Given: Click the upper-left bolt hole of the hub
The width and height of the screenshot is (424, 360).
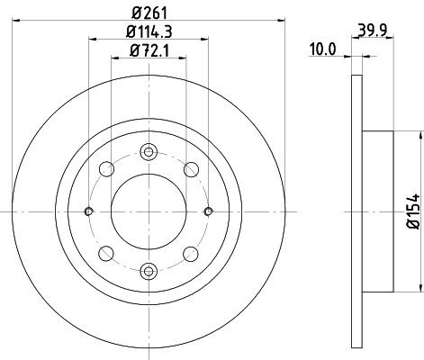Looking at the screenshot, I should tap(107, 169).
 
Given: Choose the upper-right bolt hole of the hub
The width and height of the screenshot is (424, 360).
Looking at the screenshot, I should tap(190, 169).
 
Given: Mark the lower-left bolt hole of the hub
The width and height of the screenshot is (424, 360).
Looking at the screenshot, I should tap(107, 253).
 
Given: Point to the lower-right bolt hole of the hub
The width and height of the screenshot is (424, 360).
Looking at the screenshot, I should tap(190, 253).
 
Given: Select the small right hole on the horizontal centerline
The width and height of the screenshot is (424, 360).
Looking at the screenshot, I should tap(208, 211).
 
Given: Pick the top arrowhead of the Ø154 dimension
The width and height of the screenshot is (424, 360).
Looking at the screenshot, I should tap(420, 134).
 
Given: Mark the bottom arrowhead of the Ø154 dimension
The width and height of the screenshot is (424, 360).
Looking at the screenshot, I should tap(420, 288).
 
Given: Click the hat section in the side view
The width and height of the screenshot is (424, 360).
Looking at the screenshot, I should tap(376, 211).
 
